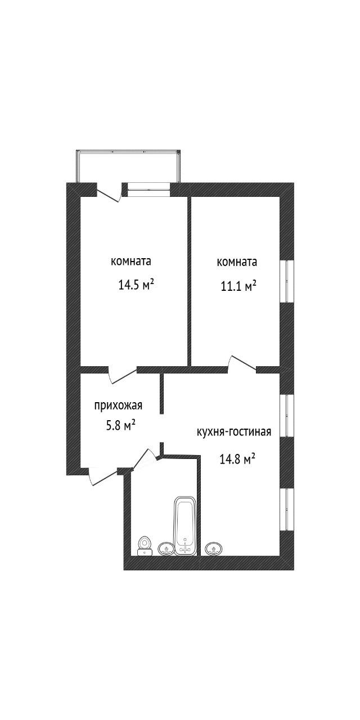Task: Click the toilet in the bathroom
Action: pos(144,546)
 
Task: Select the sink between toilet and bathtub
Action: pos(166,548)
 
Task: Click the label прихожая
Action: pos(118,406)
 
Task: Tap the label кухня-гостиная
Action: pos(234,431)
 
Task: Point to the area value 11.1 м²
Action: pos(238,285)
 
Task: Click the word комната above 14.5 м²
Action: pos(131,262)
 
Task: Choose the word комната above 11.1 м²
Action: pos(237,262)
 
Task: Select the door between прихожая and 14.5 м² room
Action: pos(123,374)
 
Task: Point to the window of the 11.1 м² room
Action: pos(287,281)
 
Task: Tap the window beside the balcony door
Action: pos(148,187)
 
